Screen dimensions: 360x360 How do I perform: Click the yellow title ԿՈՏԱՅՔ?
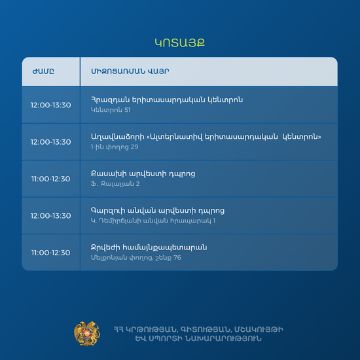coord(180,43)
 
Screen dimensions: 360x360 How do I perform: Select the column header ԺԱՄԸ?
coord(43,71)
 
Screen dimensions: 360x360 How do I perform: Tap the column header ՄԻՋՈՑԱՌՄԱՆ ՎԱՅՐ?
coord(130,71)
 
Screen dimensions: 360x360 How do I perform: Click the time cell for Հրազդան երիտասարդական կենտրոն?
coord(51,105)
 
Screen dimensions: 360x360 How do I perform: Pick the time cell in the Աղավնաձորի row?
coord(51,142)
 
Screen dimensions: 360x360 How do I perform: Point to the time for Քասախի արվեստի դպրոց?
coord(51,179)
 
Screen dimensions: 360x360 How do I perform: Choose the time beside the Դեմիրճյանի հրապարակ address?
coord(51,216)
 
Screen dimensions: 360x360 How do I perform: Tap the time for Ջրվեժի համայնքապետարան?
coord(51,253)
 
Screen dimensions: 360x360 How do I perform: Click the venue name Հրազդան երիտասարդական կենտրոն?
coord(167,100)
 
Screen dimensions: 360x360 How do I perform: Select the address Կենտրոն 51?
coord(111,110)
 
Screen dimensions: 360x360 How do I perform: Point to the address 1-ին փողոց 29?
coord(115,147)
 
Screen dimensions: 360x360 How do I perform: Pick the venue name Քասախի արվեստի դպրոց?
coord(143,174)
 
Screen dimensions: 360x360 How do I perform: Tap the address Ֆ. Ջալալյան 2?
coord(115,184)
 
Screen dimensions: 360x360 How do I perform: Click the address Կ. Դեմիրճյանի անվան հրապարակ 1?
coord(153,221)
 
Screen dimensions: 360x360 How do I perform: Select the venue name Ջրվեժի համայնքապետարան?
coord(149,247)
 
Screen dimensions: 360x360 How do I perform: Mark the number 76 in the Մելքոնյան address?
coord(177,258)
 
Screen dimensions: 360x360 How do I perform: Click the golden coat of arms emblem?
coord(87,334)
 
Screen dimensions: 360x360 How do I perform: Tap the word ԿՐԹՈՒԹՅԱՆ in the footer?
coord(152,330)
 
